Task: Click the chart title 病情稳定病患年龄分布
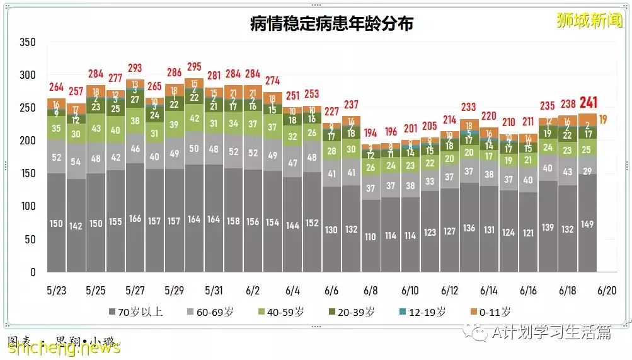click(331, 24)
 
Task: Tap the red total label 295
click(193, 67)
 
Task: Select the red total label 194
click(370, 133)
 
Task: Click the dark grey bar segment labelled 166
click(135, 219)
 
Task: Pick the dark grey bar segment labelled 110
click(370, 237)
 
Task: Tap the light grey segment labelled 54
click(76, 162)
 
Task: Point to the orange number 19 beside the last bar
click(603, 119)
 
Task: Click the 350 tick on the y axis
click(27, 42)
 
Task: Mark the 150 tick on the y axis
click(27, 173)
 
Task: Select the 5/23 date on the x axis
click(56, 291)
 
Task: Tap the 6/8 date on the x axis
click(371, 291)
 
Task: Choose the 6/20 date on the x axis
click(606, 291)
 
